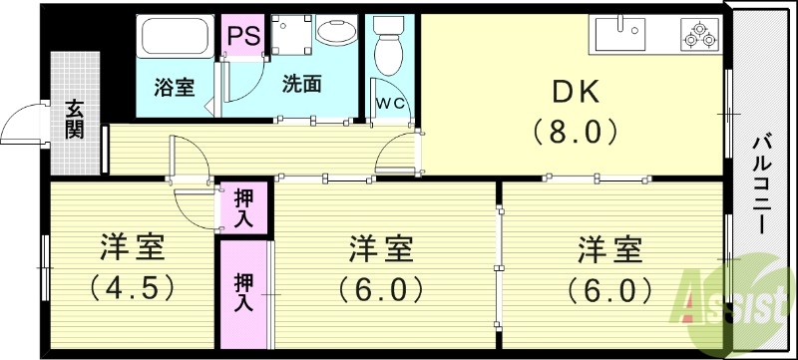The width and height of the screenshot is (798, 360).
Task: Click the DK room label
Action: [575, 92]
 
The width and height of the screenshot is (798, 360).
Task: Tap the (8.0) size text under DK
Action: [575, 131]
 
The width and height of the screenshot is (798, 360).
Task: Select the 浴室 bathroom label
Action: [174, 87]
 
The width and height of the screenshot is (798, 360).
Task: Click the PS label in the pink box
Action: [243, 35]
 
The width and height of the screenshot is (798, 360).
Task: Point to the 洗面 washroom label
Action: [300, 85]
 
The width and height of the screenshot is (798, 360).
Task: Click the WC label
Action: [389, 102]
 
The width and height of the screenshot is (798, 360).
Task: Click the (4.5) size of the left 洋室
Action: [132, 289]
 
